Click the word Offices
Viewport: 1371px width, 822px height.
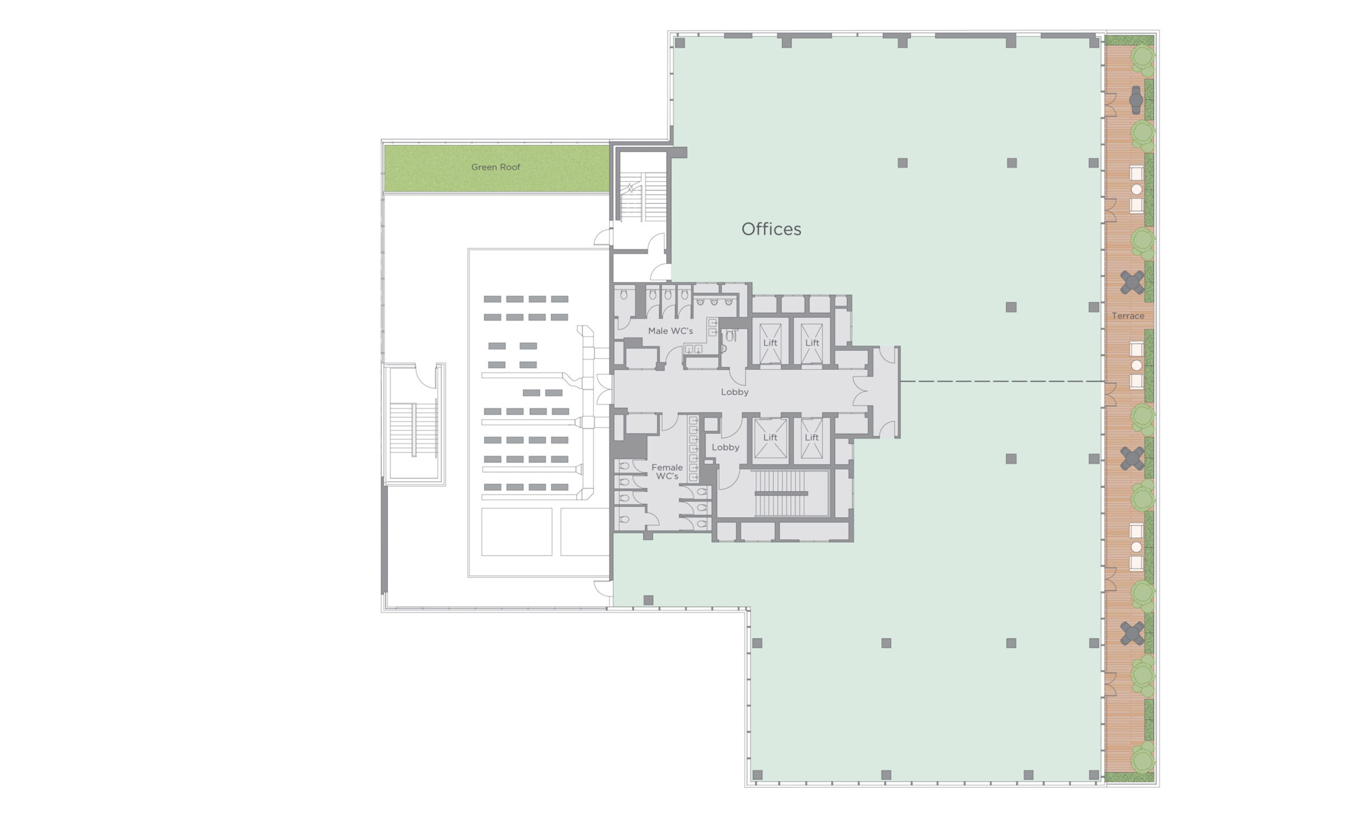coord(771,229)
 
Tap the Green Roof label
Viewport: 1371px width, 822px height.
coord(495,167)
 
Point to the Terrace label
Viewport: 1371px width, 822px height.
coord(1128,316)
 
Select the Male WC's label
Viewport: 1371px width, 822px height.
coord(671,331)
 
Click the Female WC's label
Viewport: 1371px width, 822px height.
coord(667,471)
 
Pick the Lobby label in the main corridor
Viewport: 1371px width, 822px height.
coord(735,392)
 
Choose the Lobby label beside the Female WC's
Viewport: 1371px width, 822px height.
coord(726,447)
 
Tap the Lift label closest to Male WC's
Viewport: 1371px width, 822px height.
coord(770,343)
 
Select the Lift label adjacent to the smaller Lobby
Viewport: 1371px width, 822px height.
coord(770,437)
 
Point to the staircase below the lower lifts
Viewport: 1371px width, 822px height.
coord(781,493)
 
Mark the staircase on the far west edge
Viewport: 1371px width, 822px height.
coord(414,430)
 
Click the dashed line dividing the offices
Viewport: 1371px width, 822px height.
coord(1001,381)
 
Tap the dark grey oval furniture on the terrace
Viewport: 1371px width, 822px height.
coord(1135,100)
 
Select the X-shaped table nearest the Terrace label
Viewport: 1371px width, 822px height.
coord(1132,283)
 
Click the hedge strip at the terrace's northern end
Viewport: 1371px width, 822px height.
coord(1130,40)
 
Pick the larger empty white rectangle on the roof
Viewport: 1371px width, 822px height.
coord(516,532)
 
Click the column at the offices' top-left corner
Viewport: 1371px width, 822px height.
coord(680,43)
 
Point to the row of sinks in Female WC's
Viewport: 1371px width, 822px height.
coord(693,448)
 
